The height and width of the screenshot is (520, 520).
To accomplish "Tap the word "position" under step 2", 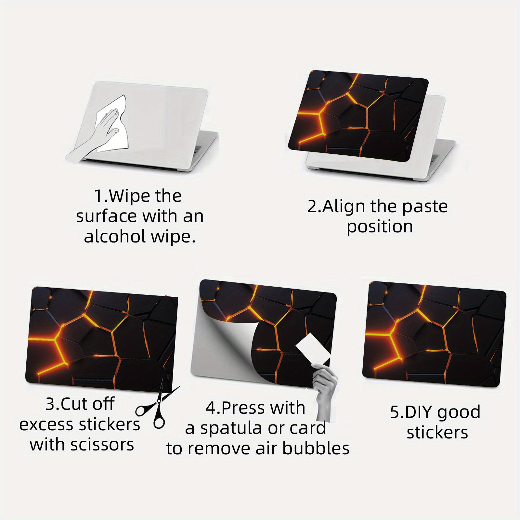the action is tap(380, 227).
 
